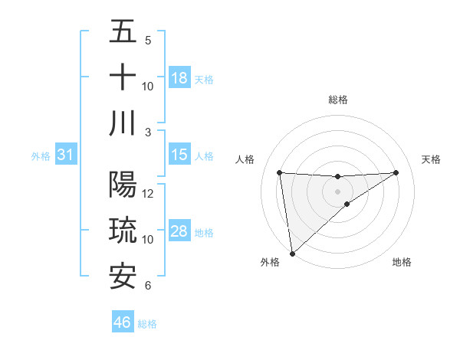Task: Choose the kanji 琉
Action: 123,231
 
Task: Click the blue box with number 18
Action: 179,78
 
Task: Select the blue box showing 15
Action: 179,155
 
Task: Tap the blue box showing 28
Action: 179,232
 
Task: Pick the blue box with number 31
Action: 66,155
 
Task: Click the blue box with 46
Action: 123,322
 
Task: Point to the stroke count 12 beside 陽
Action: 148,193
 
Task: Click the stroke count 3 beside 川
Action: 148,132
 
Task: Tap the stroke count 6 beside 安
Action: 148,286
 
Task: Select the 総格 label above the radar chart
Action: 338,100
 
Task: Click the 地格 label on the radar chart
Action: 402,262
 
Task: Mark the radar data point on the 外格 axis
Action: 292,254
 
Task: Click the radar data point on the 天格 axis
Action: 396,172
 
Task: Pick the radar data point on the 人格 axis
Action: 280,172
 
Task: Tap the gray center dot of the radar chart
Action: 338,191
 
